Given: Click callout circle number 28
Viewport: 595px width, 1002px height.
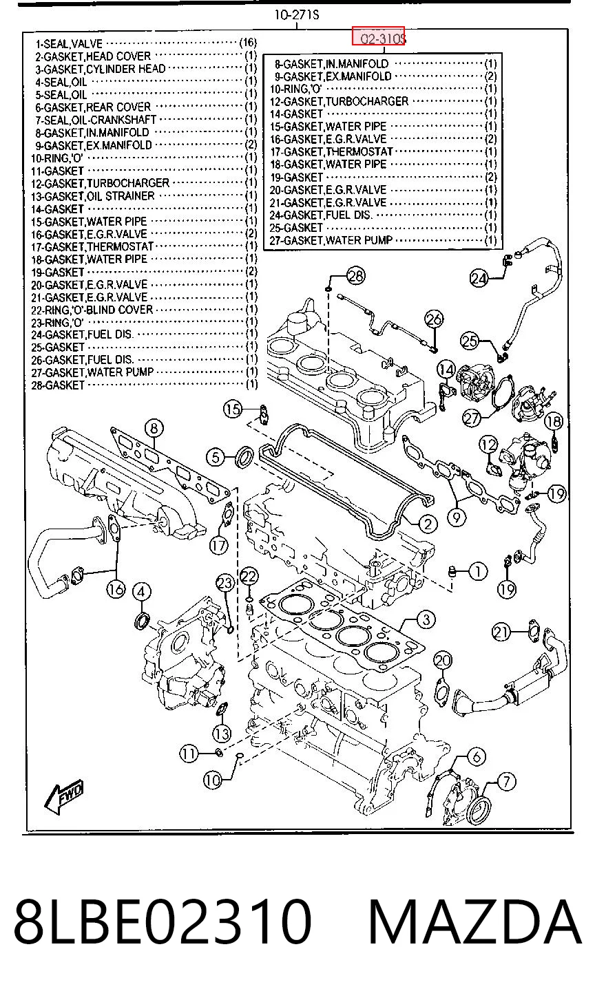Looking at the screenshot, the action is tap(355, 276).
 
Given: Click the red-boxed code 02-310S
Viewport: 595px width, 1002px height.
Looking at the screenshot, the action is tap(378, 36).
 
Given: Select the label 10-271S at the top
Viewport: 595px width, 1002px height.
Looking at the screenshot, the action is tap(297, 15).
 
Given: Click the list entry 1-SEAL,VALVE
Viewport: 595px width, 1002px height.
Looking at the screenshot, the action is tap(69, 44).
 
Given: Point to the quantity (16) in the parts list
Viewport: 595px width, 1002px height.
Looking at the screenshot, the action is tap(248, 43).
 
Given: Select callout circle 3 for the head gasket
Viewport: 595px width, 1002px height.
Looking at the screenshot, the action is tap(426, 619).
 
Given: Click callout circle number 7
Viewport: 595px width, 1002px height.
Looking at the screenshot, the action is tap(506, 782).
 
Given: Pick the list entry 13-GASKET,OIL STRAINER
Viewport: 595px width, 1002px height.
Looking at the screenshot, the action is tap(93, 196).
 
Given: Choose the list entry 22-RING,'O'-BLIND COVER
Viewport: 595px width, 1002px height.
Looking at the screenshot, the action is tap(92, 310).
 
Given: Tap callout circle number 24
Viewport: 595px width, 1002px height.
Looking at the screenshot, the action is tap(479, 279).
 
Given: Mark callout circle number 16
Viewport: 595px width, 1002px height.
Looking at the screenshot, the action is tap(116, 588).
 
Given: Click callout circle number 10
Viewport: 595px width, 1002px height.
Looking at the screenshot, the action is tap(213, 780).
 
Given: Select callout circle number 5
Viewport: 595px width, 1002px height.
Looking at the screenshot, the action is tap(216, 457).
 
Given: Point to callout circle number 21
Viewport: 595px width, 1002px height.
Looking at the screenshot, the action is tap(501, 632).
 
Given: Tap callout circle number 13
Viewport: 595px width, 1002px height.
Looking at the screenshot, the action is tap(222, 734).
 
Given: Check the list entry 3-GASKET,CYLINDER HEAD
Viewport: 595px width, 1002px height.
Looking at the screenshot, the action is tap(101, 69).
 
